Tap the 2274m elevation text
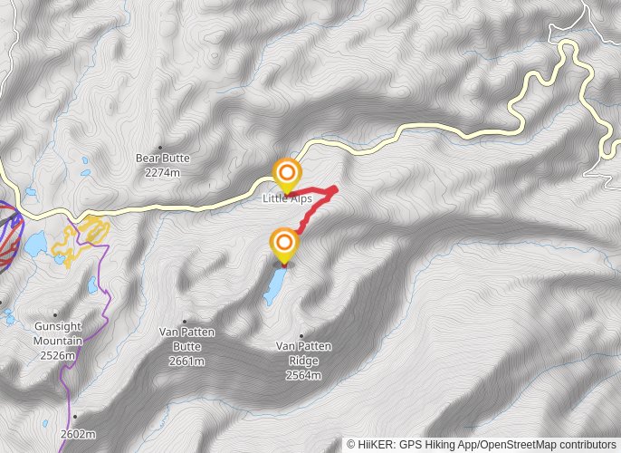(162, 171)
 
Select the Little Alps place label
(287, 198)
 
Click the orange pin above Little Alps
(287, 172)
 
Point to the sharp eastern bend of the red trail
(336, 188)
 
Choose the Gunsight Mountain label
(58, 333)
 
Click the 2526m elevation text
(58, 354)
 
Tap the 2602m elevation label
(79, 434)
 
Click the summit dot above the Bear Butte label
(161, 147)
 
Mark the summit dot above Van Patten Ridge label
(301, 336)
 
